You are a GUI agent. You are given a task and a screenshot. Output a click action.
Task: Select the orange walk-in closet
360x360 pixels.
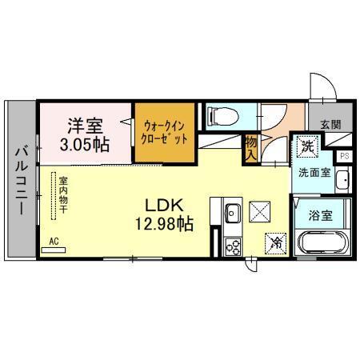[x=164, y=131]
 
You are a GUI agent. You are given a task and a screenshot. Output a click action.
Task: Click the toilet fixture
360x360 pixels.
[x=220, y=117]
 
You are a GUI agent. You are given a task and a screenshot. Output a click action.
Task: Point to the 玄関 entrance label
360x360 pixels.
[x=330, y=125]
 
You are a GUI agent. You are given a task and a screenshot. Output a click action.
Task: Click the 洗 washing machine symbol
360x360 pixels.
[x=307, y=147]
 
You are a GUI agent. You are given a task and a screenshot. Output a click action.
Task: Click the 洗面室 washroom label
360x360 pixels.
[x=312, y=172]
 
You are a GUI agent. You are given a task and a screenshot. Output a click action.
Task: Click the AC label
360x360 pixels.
[x=54, y=240]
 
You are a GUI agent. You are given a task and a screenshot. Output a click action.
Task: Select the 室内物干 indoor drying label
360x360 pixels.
[x=62, y=198]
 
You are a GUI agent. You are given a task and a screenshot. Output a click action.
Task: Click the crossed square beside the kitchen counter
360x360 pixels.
[x=261, y=210]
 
